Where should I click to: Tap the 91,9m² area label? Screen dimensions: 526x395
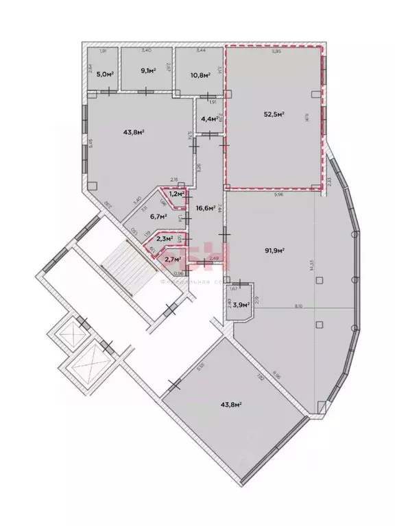click(x=276, y=251)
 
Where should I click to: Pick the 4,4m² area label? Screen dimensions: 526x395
click(x=209, y=119)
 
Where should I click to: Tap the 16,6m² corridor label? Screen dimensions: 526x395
click(x=206, y=208)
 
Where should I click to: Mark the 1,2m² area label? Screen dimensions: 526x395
click(x=176, y=195)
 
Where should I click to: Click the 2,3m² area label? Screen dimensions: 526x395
click(x=163, y=239)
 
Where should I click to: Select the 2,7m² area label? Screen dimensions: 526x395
click(x=172, y=259)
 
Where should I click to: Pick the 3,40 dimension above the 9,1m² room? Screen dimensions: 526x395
click(x=146, y=51)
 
